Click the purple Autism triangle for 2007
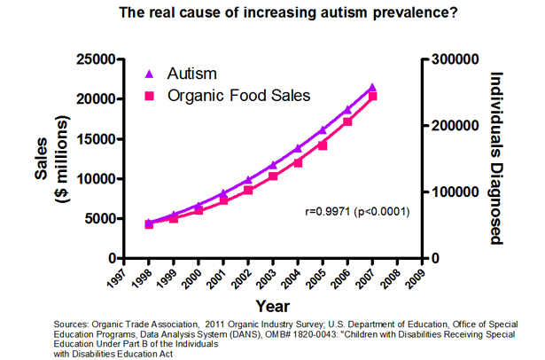point(372,88)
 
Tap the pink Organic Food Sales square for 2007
point(372,96)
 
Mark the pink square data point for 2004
point(298,162)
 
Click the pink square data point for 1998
point(150,224)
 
